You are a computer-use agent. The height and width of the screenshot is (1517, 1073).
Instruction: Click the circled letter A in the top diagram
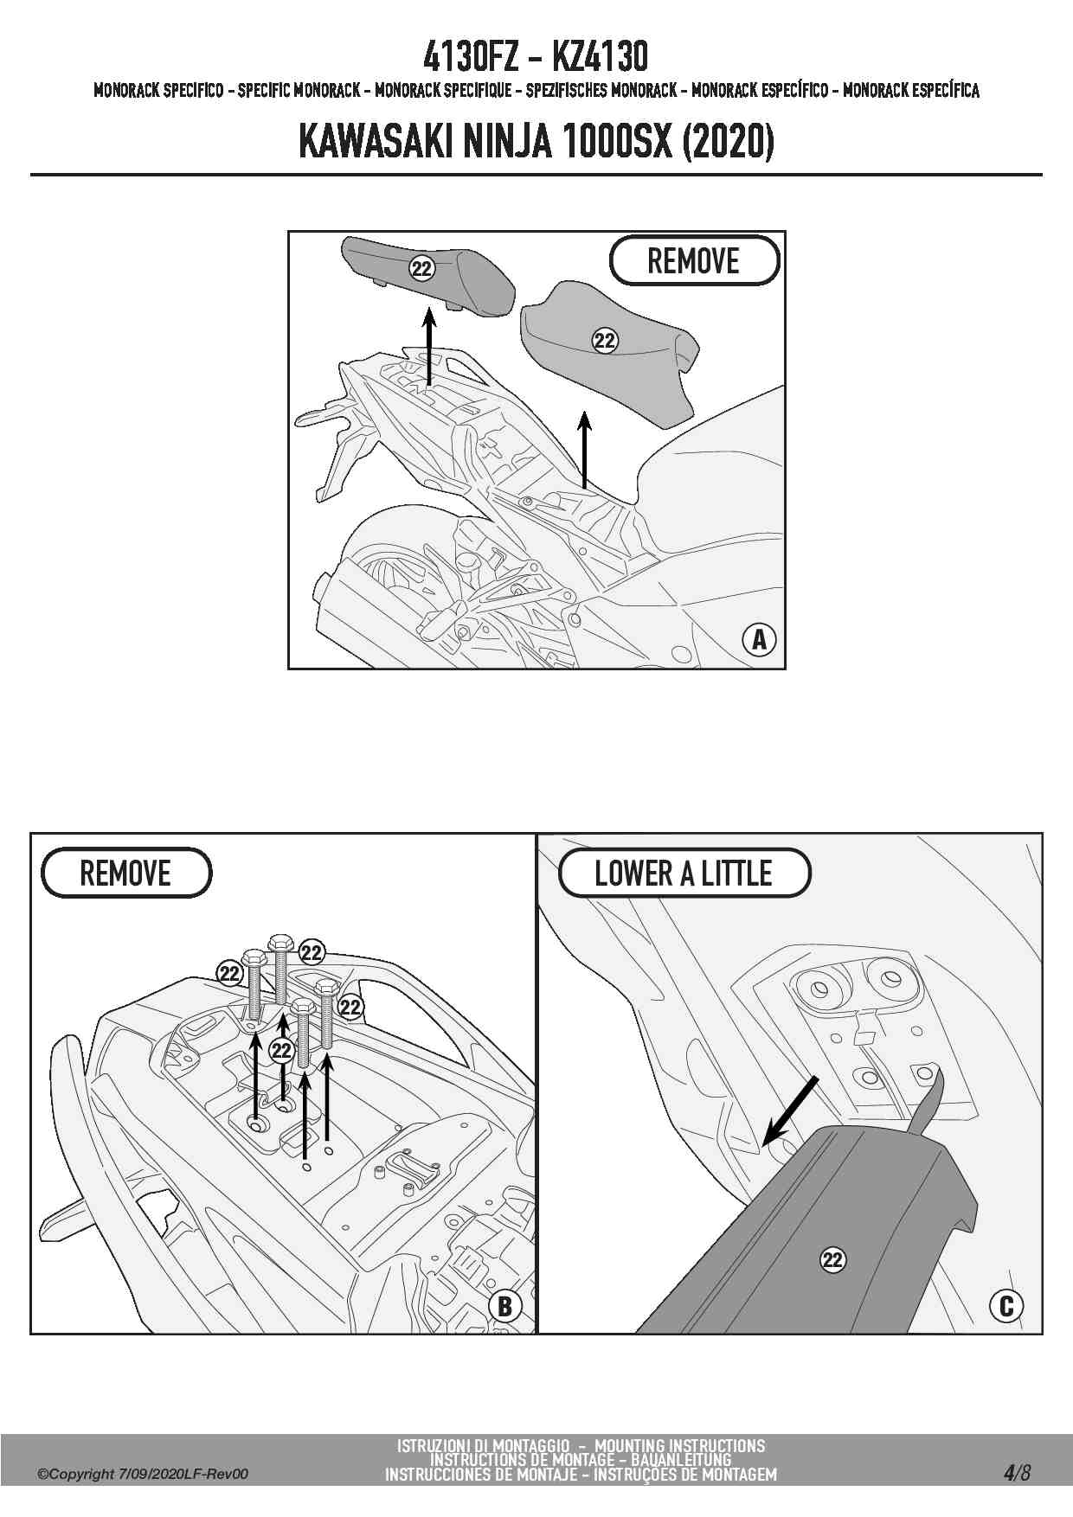point(759,639)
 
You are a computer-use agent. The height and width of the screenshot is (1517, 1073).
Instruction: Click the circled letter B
point(505,1306)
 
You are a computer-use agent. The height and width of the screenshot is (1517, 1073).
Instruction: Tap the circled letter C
point(1006,1306)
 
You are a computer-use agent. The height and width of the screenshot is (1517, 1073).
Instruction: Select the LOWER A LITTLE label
point(684,874)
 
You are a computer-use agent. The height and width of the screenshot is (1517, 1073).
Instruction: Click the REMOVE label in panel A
point(694,260)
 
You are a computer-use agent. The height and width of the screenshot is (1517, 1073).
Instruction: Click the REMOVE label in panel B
point(125,874)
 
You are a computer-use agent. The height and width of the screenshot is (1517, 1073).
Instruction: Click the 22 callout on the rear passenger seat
point(421,269)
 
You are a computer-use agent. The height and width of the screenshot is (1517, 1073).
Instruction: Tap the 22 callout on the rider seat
point(605,341)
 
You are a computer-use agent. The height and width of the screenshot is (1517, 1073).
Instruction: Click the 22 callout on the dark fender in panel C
point(832,1259)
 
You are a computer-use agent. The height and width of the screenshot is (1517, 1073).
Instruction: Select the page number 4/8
point(1017,1472)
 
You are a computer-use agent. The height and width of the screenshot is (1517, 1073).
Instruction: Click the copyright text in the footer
point(143,1474)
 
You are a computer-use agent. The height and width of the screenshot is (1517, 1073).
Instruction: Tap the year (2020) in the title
point(728,142)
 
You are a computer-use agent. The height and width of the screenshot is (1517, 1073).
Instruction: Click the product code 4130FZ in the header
point(470,57)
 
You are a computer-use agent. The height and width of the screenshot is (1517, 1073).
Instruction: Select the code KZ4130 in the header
point(599,57)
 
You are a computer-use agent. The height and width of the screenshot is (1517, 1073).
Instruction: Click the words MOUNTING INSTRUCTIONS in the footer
point(680,1445)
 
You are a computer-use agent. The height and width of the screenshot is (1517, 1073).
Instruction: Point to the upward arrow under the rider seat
point(585,450)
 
